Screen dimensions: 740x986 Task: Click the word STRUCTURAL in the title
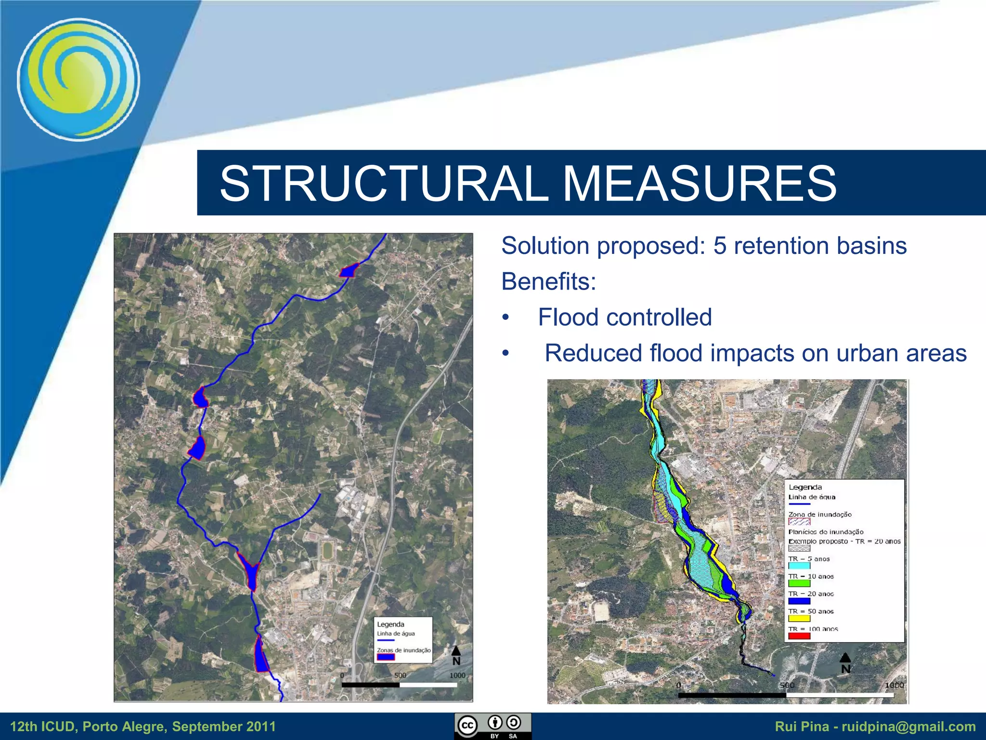pyautogui.click(x=384, y=184)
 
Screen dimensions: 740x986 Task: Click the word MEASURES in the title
pyautogui.click(x=699, y=184)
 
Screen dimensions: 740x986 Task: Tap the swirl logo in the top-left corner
pyautogui.click(x=78, y=79)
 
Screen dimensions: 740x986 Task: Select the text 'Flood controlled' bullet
pyautogui.click(x=624, y=317)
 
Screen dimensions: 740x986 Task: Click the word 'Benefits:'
pyautogui.click(x=548, y=281)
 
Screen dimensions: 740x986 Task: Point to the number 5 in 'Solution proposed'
pyautogui.click(x=719, y=246)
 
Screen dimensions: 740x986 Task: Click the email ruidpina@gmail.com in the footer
pyautogui.click(x=908, y=727)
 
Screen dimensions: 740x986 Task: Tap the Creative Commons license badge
pyautogui.click(x=493, y=726)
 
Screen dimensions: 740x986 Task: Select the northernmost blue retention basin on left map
pyautogui.click(x=349, y=271)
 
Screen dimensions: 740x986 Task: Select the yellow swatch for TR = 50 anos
pyautogui.click(x=799, y=619)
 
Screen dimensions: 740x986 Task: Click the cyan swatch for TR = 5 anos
pyautogui.click(x=799, y=566)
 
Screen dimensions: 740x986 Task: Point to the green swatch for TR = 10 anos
pyautogui.click(x=799, y=583)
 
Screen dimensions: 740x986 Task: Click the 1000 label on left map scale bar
pyautogui.click(x=457, y=675)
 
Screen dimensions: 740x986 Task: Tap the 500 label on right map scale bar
pyautogui.click(x=787, y=685)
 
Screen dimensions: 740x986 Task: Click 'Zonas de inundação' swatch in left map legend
pyautogui.click(x=386, y=657)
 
